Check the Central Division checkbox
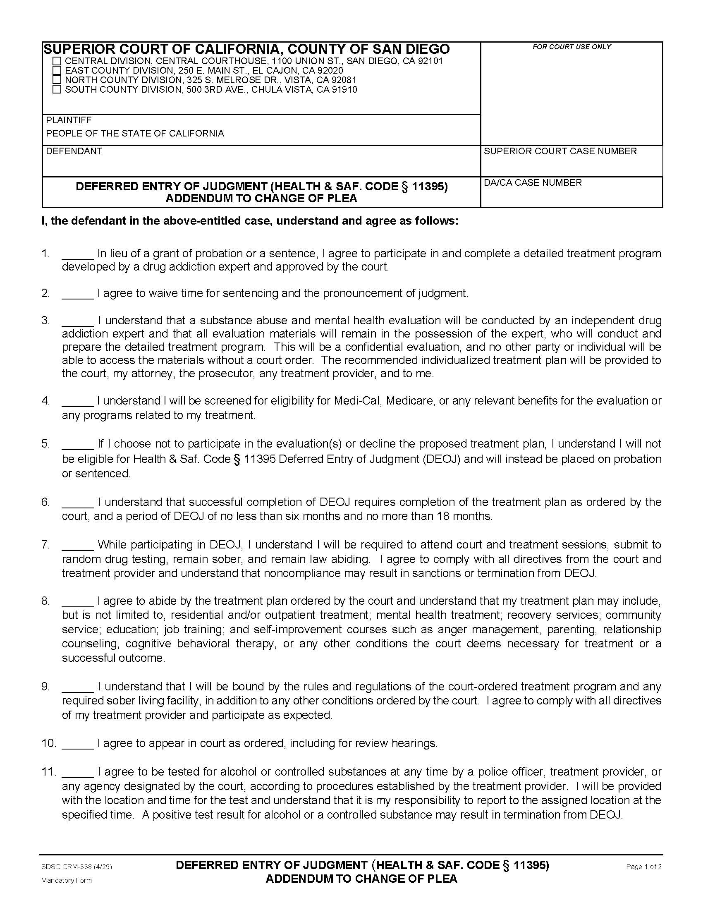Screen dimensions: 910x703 (57, 61)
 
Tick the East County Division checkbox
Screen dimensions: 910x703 (57, 70)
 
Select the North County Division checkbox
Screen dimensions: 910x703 (57, 79)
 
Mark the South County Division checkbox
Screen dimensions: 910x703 (57, 89)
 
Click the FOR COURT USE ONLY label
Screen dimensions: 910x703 (571, 47)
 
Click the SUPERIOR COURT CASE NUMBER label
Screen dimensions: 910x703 (560, 151)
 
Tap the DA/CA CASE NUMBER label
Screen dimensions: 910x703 (533, 182)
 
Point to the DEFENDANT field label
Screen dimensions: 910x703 (74, 151)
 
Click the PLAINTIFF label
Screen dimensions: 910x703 (69, 120)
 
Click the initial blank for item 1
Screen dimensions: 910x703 (78, 254)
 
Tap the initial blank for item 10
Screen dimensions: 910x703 (78, 743)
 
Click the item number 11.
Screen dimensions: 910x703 (48, 772)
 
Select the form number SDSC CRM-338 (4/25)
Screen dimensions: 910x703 (77, 867)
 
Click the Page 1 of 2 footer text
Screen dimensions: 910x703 (643, 867)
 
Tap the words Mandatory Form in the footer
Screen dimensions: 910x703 (66, 880)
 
